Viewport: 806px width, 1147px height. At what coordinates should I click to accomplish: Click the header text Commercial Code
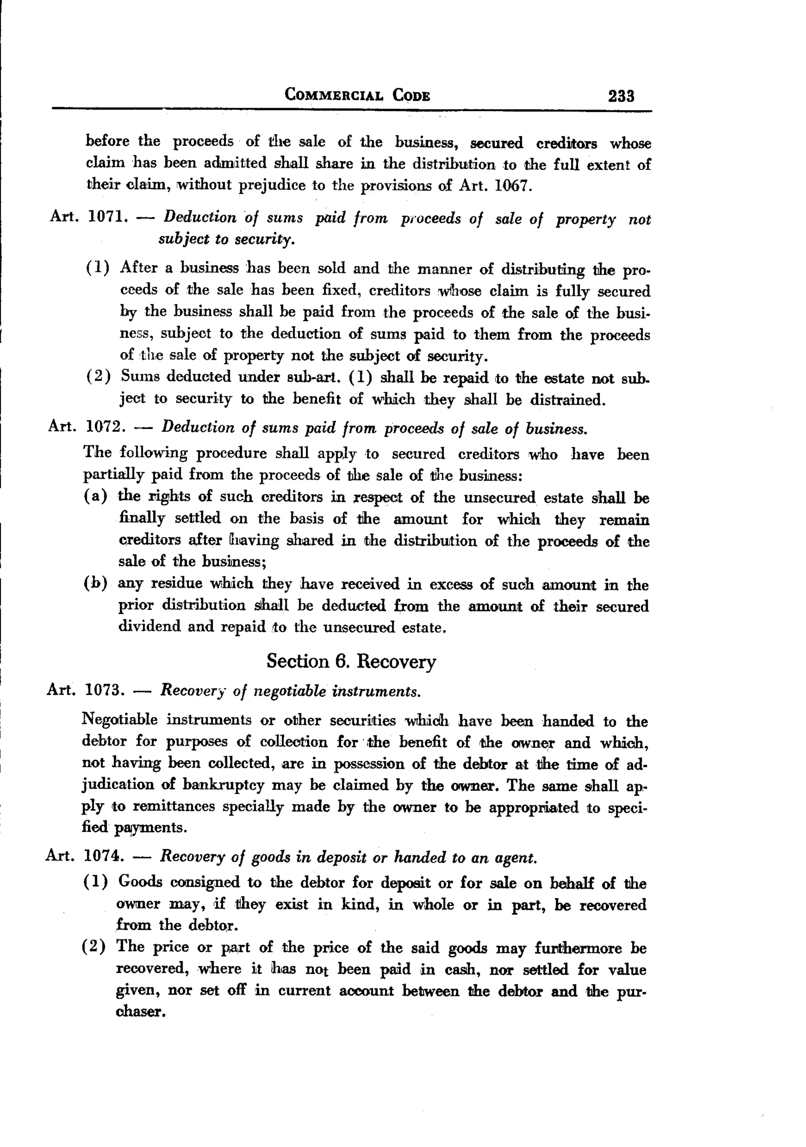pos(357,95)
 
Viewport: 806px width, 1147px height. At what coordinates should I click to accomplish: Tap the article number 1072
pos(104,427)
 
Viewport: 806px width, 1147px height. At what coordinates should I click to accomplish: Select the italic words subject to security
pos(226,239)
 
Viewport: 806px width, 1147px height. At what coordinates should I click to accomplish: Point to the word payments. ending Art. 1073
pos(151,828)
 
